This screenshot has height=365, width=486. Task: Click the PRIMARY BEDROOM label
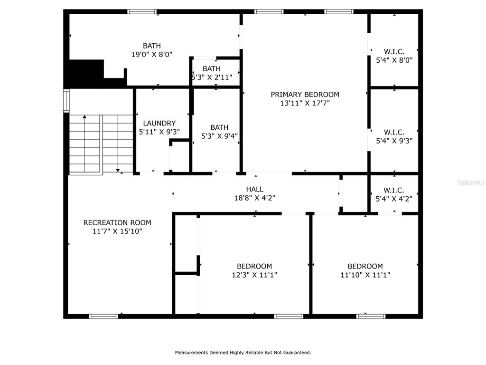point(305,95)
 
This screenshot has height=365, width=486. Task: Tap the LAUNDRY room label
point(159,123)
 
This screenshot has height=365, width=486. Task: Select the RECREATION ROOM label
point(117,222)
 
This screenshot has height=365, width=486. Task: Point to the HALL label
point(255,189)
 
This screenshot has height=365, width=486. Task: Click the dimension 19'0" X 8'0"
point(152,55)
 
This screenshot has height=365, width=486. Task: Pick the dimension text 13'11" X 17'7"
point(305,103)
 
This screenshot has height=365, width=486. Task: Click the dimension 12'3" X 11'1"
point(254,275)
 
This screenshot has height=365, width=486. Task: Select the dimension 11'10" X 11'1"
point(365,275)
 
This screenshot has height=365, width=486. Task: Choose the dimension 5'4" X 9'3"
point(394,141)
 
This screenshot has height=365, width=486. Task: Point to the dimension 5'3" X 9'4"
point(219,136)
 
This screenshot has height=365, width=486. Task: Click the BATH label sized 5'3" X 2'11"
point(212,68)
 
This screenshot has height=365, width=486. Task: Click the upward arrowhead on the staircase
point(84,117)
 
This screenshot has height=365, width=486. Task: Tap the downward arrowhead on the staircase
point(118,170)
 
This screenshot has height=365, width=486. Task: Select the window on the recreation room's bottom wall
point(103,316)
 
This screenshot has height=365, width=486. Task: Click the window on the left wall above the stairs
point(66,101)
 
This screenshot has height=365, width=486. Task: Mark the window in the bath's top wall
point(142,12)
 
